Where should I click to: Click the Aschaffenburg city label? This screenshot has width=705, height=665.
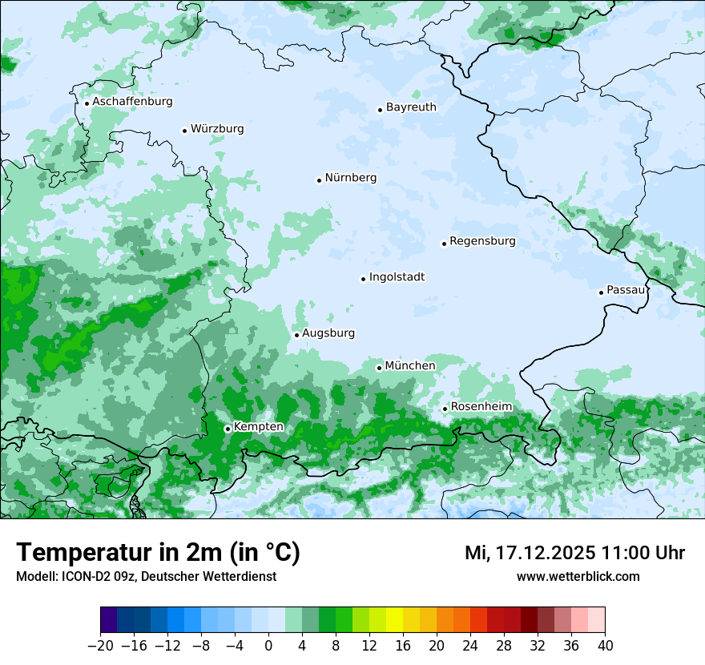pos(132,102)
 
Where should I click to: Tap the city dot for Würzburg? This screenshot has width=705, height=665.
pos(184,131)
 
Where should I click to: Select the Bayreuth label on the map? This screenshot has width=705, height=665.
pos(411,107)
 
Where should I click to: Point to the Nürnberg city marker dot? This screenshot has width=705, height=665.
pos(319,180)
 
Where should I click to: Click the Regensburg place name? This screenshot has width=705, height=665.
pos(482,241)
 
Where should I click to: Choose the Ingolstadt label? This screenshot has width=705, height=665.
pos(397,277)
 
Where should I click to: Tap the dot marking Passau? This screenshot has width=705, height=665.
pos(601,292)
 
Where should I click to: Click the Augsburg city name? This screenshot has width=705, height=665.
pos(328,333)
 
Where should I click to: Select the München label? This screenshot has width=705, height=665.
pos(410,366)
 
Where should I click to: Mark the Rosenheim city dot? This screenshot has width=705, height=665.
pos(445,409)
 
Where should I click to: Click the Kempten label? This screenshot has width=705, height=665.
pos(258,427)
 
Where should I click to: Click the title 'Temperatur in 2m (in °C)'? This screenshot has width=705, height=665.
pos(158,553)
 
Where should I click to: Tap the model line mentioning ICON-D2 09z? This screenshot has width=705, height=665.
pos(146,577)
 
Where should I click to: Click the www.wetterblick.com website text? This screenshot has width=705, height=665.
pos(578,577)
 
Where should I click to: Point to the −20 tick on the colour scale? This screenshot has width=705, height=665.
pos(101,646)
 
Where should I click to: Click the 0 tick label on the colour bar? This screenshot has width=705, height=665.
pos(268,646)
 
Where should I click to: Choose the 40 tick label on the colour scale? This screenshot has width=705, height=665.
pos(605,646)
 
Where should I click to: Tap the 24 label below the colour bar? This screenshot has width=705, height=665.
pos(470,646)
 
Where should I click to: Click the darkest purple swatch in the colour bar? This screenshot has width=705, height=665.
pos(109,620)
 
